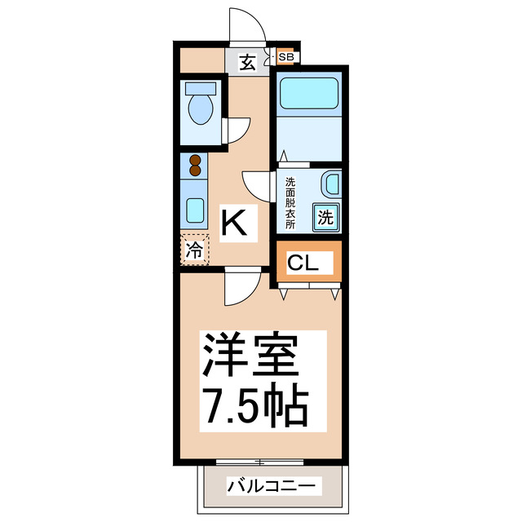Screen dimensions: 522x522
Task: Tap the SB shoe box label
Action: [x=286, y=57]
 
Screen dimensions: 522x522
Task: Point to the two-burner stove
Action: [x=195, y=166]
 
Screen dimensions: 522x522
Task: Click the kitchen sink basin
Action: [x=195, y=210]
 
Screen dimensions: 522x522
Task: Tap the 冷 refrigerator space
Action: [x=195, y=250]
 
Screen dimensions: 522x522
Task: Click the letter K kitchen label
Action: [x=234, y=222]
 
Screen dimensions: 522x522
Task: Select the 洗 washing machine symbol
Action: [x=325, y=218]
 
